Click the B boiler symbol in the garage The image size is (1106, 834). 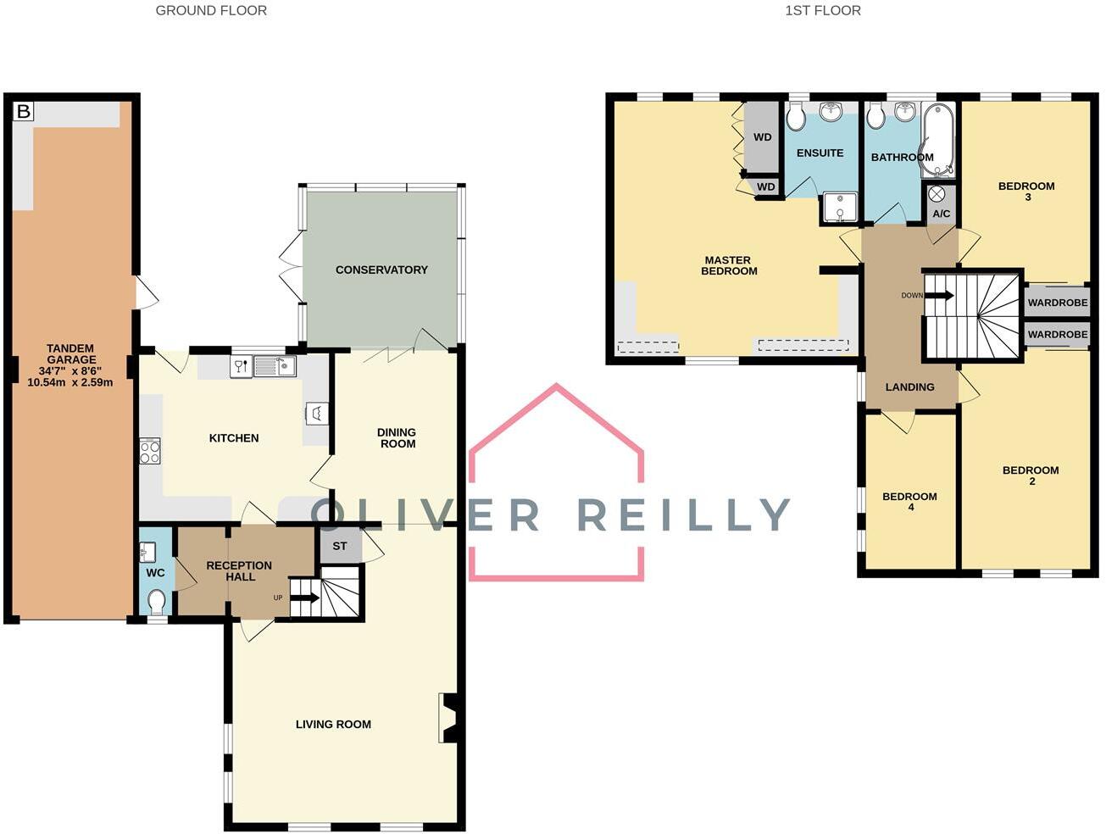click(x=24, y=111)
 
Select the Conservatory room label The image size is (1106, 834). click(x=381, y=270)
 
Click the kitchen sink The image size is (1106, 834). click(x=275, y=366)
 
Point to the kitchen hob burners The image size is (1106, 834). click(x=150, y=451)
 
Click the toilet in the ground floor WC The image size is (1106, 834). click(x=156, y=602)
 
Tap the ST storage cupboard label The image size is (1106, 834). click(x=340, y=546)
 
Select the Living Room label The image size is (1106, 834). click(x=333, y=724)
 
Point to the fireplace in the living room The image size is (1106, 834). click(x=448, y=718)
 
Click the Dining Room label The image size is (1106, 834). click(x=397, y=437)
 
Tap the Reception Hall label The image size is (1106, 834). click(x=239, y=570)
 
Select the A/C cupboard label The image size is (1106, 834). click(x=941, y=214)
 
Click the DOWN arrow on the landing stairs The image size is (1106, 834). click(x=939, y=296)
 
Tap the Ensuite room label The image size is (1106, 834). click(x=820, y=153)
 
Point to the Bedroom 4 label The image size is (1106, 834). click(x=909, y=501)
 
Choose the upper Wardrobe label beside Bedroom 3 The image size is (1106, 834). click(x=1057, y=303)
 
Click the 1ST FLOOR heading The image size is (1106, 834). click(x=822, y=11)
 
